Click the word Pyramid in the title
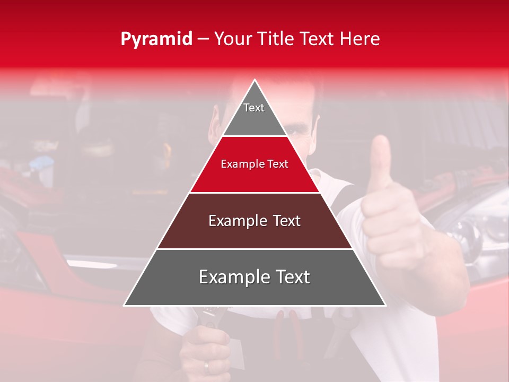(x=156, y=39)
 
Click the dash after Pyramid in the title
(x=203, y=40)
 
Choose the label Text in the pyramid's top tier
(x=254, y=108)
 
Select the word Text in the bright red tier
(x=277, y=164)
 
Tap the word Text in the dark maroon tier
(x=286, y=221)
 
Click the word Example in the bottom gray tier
(x=231, y=277)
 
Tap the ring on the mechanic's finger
(x=206, y=366)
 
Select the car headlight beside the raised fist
(x=467, y=233)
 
